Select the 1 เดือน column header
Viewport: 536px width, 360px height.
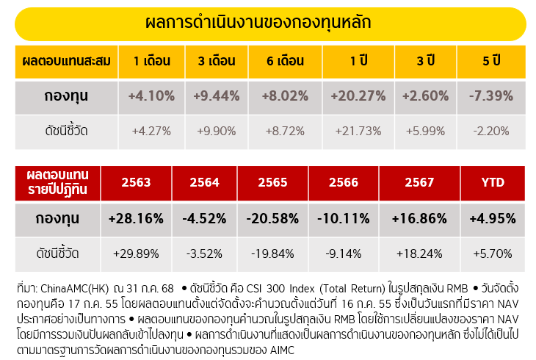tap(151, 61)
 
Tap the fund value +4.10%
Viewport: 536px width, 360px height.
tap(151, 96)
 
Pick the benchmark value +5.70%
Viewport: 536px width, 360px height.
tap(492, 253)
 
